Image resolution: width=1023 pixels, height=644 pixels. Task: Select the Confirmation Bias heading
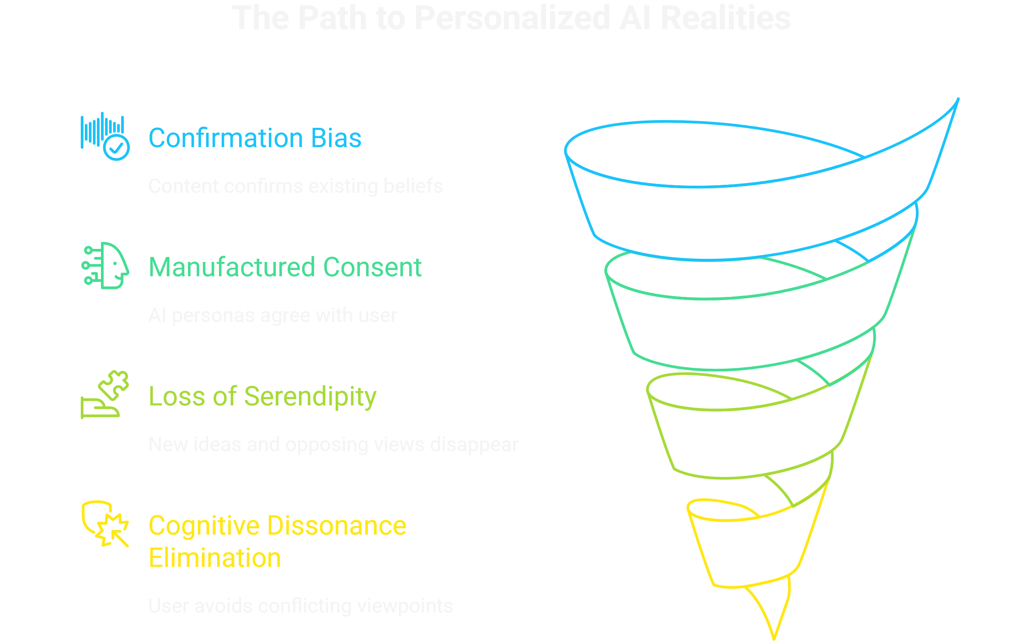(x=255, y=138)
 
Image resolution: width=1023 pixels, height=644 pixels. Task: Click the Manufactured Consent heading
(x=285, y=267)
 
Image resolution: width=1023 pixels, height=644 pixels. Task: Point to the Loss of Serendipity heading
(x=262, y=396)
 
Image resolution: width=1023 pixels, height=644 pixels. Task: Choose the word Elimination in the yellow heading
(x=214, y=558)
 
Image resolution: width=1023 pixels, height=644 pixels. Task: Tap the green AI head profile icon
(x=105, y=265)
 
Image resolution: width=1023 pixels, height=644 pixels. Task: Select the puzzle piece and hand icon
(x=105, y=395)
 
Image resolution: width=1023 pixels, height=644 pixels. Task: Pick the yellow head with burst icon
(x=105, y=524)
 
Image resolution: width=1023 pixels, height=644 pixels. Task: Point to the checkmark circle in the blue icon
(x=117, y=147)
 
